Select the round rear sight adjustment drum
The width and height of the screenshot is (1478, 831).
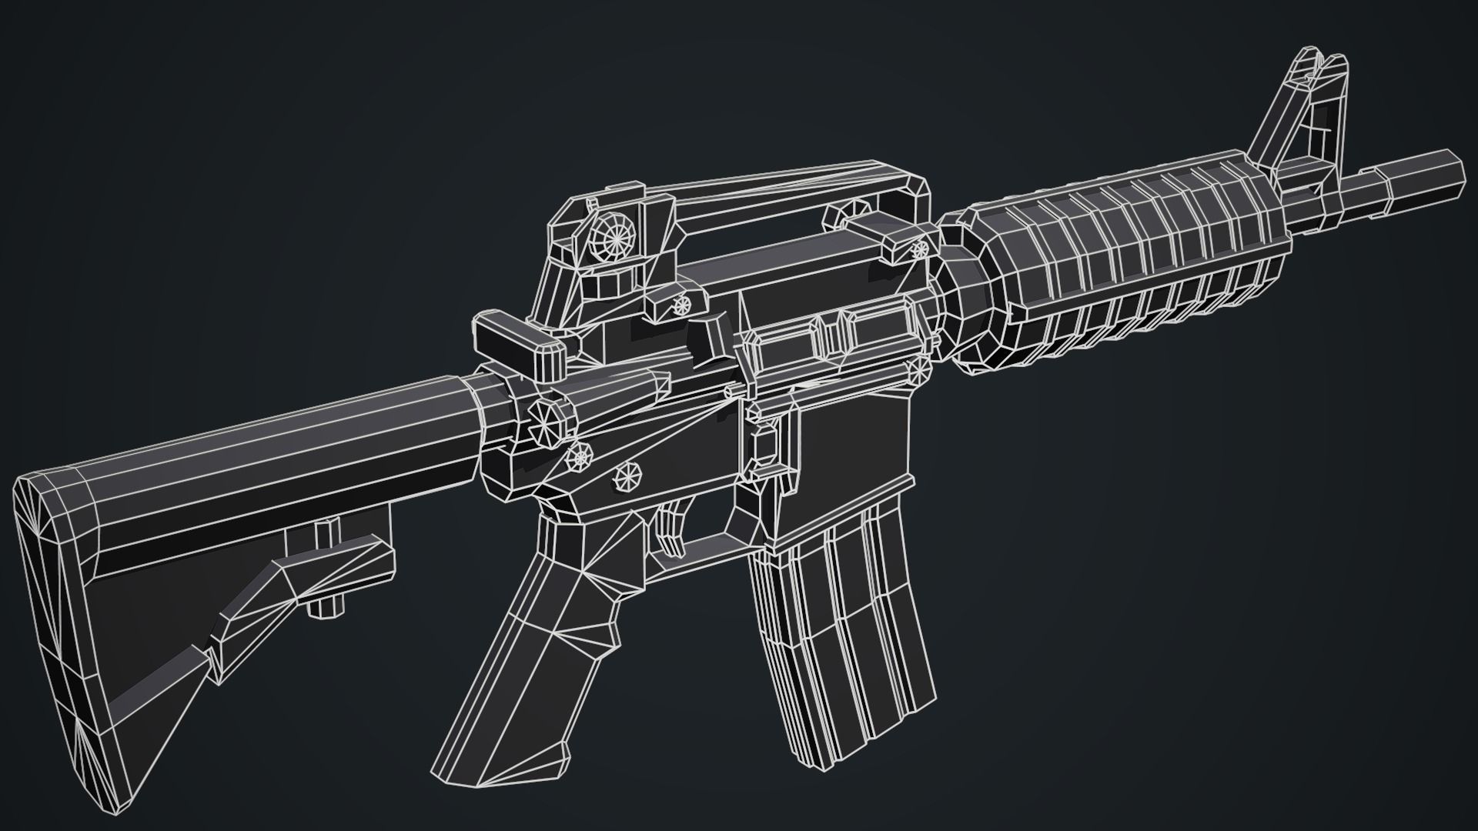point(616,239)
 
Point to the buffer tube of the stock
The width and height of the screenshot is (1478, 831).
point(308,431)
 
